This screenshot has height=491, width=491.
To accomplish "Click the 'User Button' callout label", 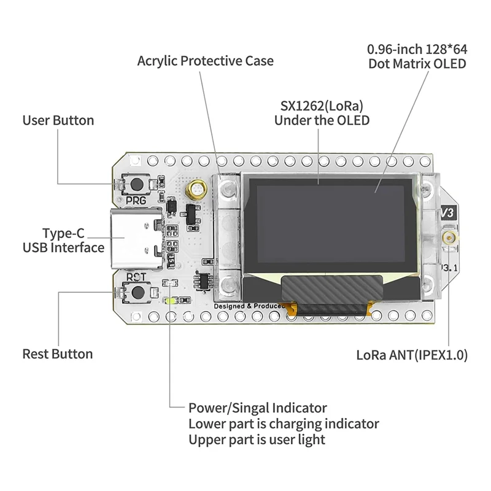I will coord(58,120).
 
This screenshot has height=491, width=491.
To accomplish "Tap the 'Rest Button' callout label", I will coord(58,354).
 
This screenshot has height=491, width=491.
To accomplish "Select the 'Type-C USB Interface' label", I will coord(63,241).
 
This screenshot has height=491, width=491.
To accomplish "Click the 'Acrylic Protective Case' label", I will coord(205,61).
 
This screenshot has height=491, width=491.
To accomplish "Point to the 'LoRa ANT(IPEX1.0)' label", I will coord(412,355).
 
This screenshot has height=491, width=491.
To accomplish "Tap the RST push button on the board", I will coord(139,292).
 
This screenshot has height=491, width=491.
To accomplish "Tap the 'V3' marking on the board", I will coord(450,212).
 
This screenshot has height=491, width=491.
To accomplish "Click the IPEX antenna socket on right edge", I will coord(450,237).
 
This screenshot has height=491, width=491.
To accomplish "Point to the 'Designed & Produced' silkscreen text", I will coord(249,306).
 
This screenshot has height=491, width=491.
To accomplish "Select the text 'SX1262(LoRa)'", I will coord(322,104).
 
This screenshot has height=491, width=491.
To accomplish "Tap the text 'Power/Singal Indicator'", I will coord(257,408).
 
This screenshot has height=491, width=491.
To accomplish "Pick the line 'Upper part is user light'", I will coord(257,439).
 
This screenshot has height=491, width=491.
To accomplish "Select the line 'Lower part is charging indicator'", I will coord(284,423).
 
